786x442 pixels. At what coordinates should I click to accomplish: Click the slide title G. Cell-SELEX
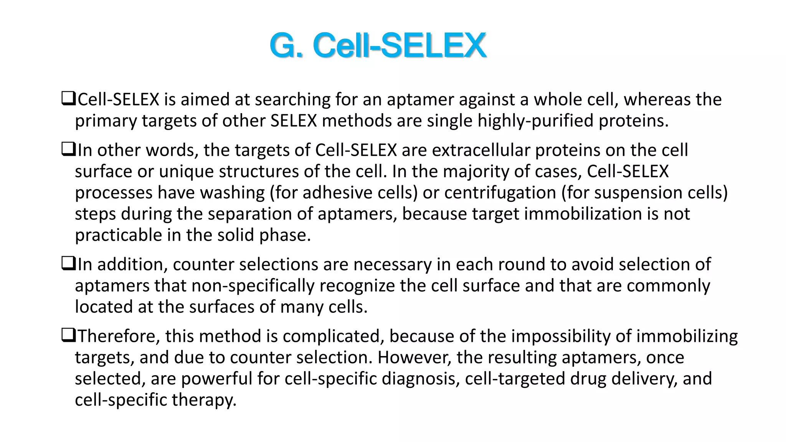[378, 46]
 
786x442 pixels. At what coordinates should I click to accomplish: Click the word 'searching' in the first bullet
[292, 100]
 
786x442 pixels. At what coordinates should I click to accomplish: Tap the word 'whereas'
[657, 100]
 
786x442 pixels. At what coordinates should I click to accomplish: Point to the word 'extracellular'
[481, 150]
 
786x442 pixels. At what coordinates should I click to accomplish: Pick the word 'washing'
[232, 193]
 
